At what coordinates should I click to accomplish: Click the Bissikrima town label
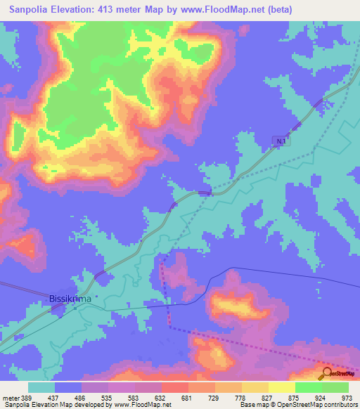tap(70, 299)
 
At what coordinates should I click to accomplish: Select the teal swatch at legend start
tap(41, 387)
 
